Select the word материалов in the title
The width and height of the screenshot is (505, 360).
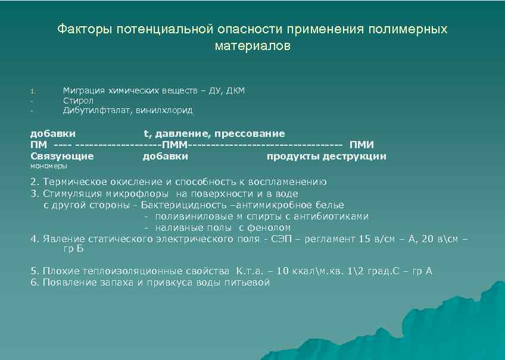[253, 46]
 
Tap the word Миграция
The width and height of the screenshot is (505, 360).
[84, 90]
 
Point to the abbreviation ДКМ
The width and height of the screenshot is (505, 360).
[234, 90]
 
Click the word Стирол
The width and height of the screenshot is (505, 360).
[79, 101]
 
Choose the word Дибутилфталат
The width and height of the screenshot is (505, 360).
[98, 110]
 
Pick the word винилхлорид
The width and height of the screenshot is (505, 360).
[164, 110]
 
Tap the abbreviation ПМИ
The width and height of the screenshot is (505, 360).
[362, 145]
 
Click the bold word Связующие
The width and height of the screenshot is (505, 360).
[62, 156]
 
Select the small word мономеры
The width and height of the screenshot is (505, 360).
[49, 167]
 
